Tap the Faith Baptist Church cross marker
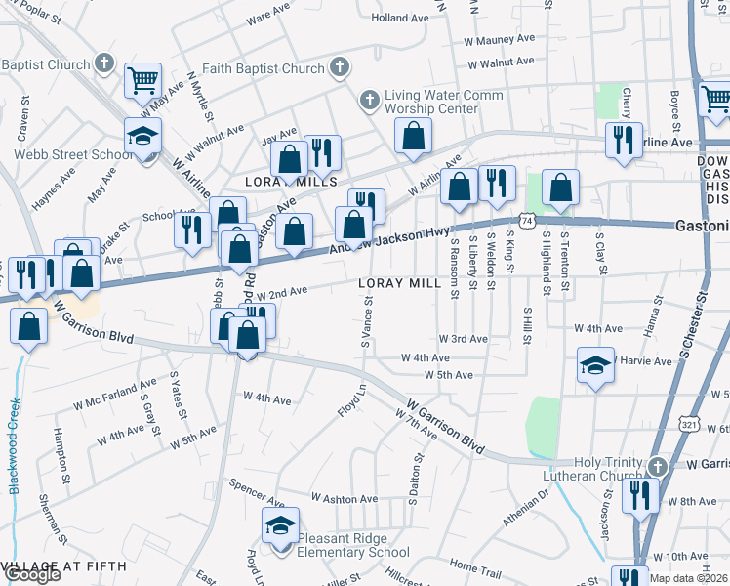point(339,67)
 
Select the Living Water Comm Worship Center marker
point(369,100)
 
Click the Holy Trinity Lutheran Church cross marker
point(658,466)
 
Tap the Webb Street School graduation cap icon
point(143,136)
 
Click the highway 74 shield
point(527,222)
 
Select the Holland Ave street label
point(400,18)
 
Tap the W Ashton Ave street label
point(344,498)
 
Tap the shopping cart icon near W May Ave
point(143,79)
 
